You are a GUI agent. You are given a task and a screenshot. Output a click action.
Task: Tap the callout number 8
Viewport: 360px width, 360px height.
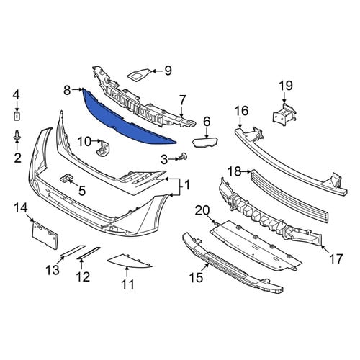coord(67,91)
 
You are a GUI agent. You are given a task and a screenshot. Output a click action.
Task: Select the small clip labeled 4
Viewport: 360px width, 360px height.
coord(17,116)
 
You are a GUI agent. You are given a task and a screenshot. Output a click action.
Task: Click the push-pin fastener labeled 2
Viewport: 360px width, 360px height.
coord(17,136)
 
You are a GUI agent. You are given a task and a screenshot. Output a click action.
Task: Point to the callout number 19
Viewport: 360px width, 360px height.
coord(286,86)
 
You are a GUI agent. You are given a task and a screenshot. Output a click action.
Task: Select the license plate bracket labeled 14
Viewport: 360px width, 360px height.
coord(45,234)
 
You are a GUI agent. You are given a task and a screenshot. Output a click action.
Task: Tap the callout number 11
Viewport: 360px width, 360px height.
coord(127,284)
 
